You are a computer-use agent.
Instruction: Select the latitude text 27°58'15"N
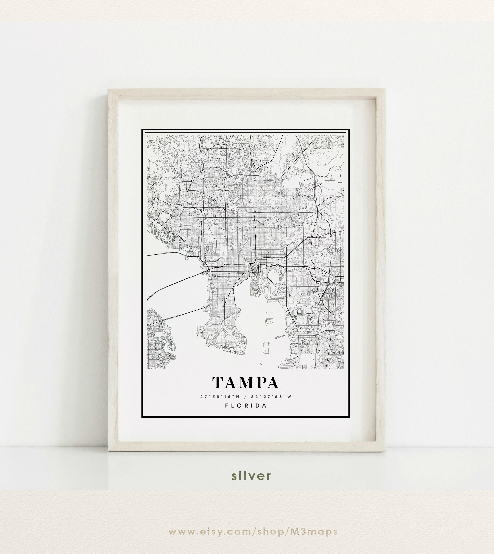[x=220, y=397]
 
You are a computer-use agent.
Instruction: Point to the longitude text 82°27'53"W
[x=271, y=397]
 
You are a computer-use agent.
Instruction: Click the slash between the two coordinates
[x=245, y=397]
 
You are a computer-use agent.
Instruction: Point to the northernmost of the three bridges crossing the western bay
[x=174, y=253]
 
